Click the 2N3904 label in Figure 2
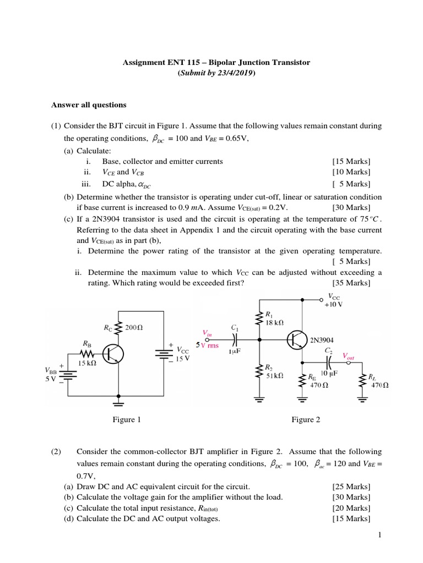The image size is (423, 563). coord(325,340)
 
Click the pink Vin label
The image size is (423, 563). coord(207,333)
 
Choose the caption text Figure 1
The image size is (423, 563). coord(127,420)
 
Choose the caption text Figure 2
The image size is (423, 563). coord(306,420)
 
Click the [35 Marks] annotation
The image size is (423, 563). coord(351,283)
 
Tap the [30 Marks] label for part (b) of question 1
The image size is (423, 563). coord(351,207)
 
